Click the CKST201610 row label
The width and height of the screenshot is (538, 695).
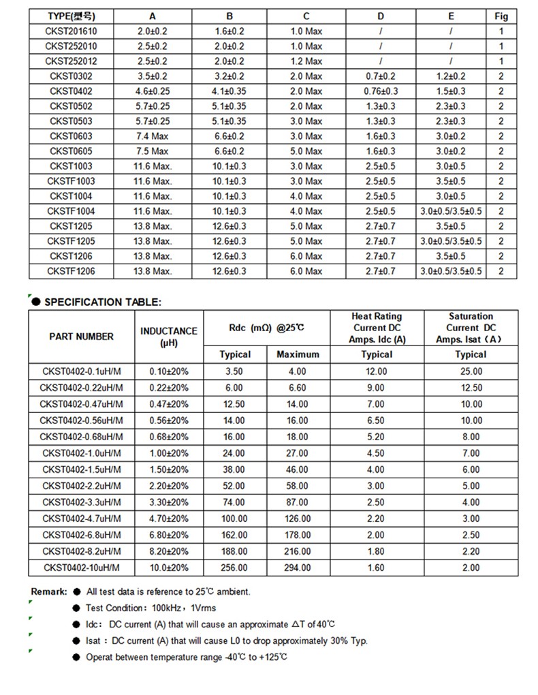point(71,31)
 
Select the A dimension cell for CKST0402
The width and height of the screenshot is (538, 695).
point(152,91)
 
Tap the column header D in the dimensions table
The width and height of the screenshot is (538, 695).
point(381,16)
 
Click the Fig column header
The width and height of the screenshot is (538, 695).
point(501,16)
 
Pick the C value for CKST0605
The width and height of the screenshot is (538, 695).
point(306,151)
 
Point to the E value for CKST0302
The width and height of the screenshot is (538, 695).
point(451,76)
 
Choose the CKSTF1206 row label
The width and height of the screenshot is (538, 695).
point(71,271)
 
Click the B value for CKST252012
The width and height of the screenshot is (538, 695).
point(230,61)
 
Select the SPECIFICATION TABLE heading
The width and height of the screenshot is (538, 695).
point(103,302)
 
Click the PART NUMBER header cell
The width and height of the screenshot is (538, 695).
point(82,336)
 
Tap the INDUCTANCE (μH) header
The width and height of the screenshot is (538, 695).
point(169,337)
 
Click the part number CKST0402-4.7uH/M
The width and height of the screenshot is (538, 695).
point(82,519)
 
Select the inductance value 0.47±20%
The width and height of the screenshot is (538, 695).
point(169,404)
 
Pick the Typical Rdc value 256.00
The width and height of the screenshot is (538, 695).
point(234,568)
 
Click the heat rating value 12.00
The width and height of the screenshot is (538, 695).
point(377,371)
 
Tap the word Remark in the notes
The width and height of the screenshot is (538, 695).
point(48,591)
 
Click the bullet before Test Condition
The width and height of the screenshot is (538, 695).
point(77,608)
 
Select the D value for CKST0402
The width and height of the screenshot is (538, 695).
point(381,91)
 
